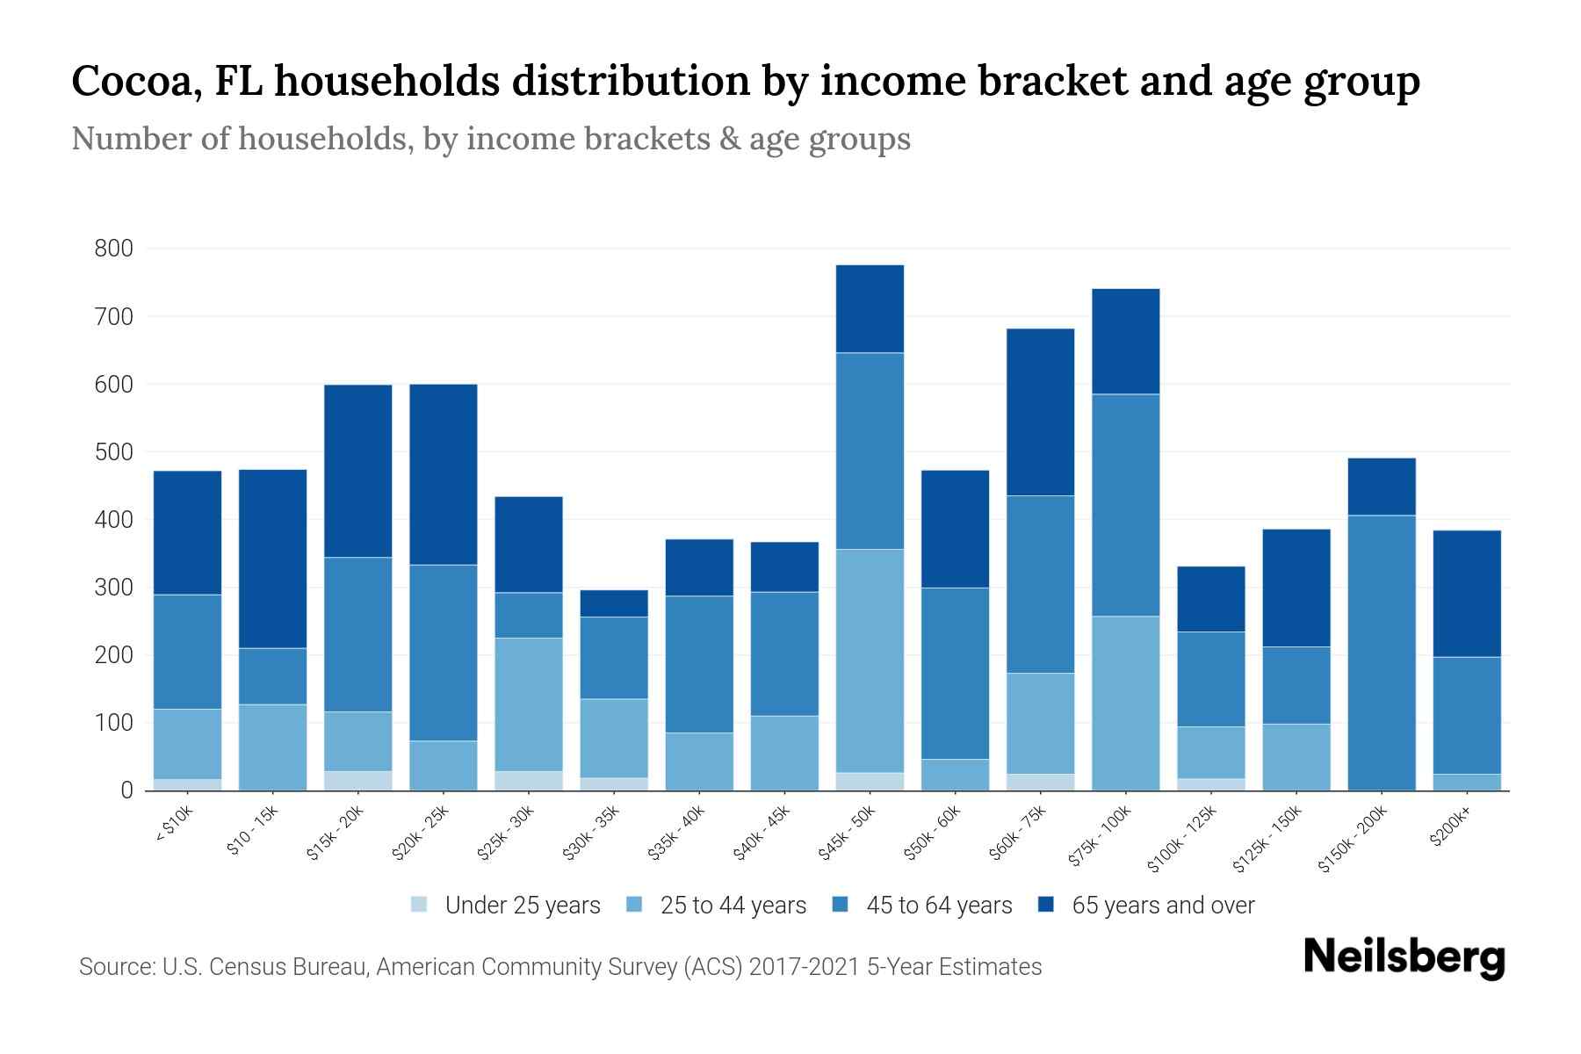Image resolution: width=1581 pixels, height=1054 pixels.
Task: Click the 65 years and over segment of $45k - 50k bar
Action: click(x=870, y=308)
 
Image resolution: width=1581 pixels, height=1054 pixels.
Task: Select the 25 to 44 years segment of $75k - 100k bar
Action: click(x=1125, y=703)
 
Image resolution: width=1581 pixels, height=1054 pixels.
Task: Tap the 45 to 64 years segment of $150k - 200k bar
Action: click(x=1382, y=652)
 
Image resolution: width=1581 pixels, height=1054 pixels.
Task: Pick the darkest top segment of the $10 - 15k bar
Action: click(x=272, y=559)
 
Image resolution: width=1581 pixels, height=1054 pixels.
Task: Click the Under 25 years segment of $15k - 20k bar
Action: click(x=357, y=780)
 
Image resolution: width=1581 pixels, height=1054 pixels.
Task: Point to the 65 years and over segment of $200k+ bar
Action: click(x=1467, y=593)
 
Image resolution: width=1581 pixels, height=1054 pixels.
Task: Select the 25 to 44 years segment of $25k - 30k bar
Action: click(x=529, y=704)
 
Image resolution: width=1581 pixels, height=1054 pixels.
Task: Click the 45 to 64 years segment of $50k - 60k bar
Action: click(x=955, y=673)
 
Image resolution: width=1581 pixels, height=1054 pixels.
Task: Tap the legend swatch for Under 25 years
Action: click(x=420, y=905)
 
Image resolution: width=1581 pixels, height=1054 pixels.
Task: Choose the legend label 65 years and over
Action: click(x=1163, y=906)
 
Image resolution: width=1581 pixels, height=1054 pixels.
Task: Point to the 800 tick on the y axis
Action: click(x=114, y=249)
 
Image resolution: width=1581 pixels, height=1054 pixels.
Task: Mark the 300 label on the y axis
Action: click(x=114, y=588)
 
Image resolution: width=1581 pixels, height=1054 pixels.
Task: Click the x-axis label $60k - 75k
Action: click(x=1018, y=834)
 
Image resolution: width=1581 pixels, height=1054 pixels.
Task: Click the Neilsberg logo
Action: click(x=1404, y=957)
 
